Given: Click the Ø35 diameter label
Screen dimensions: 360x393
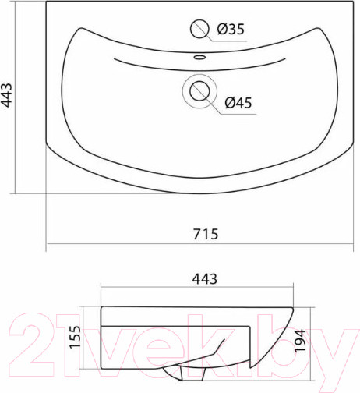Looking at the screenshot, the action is point(231,29).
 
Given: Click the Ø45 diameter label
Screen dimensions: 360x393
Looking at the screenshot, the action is point(238,103).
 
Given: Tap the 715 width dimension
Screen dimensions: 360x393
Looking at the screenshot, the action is point(206,234).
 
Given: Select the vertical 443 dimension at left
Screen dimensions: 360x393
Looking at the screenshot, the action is point(7,95).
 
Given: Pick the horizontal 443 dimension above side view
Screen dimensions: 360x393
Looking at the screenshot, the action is point(204,279).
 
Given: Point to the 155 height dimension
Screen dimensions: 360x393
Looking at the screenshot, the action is point(76,337).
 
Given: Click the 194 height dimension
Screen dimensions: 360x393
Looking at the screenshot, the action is point(300,340).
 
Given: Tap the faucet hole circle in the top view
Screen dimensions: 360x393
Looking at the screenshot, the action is point(199,29).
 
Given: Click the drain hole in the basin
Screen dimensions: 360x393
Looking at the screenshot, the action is point(199,91).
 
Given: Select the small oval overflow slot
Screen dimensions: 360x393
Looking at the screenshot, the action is point(199,57).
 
